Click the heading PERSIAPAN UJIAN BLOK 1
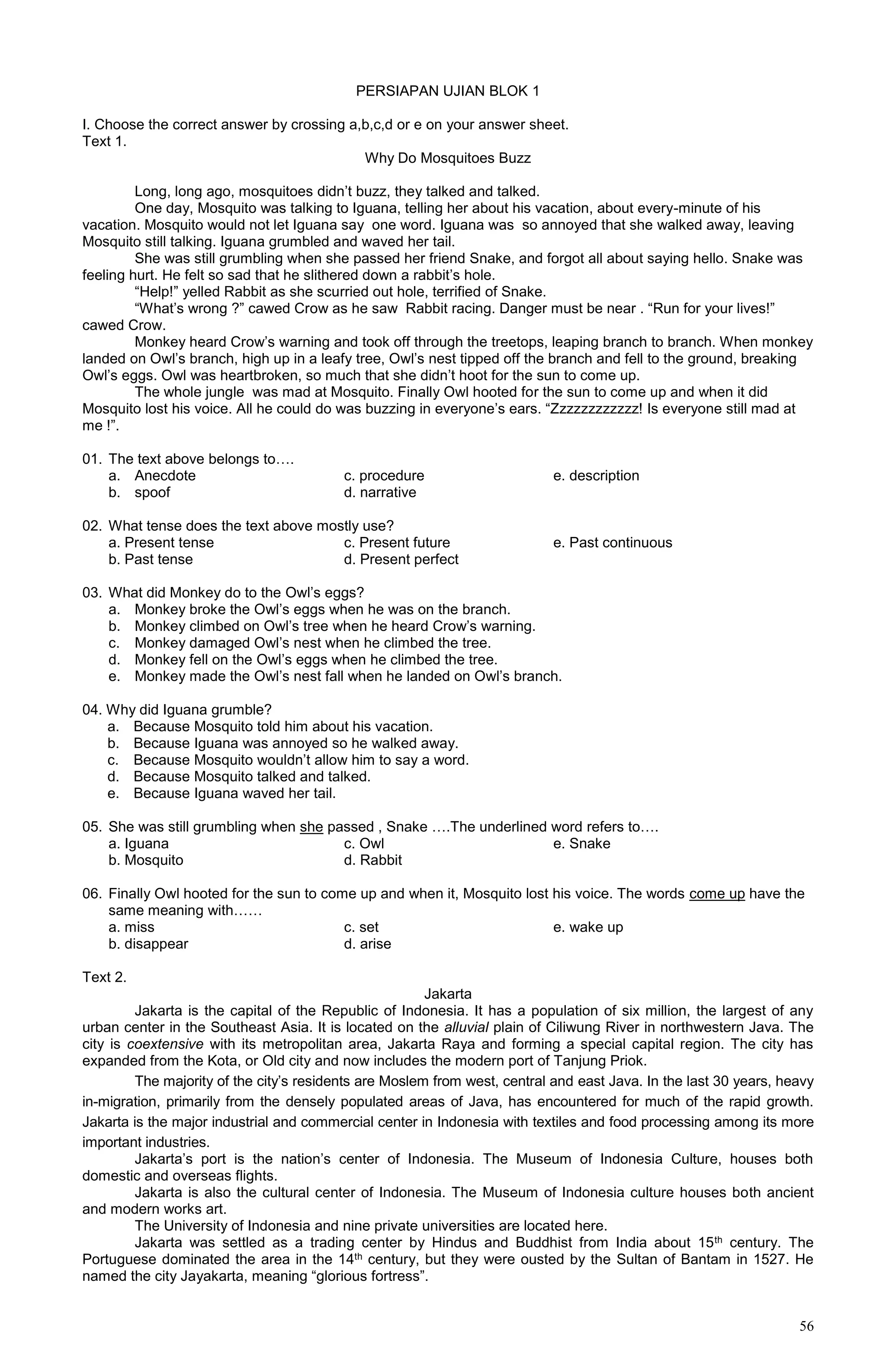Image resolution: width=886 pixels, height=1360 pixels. point(447,91)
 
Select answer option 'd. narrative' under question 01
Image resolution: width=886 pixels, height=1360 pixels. point(380,492)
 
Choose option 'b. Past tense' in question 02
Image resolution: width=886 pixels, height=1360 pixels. point(151,559)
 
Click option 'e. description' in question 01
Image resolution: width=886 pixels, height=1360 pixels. point(596,476)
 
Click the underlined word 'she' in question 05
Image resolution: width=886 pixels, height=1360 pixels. point(311,826)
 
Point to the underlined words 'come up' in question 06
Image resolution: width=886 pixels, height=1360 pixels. point(717,893)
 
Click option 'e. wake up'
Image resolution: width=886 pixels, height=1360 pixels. point(588,927)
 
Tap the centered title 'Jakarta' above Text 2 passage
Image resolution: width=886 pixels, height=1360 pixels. point(447,994)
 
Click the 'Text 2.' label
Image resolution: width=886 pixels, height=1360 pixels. point(104,977)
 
